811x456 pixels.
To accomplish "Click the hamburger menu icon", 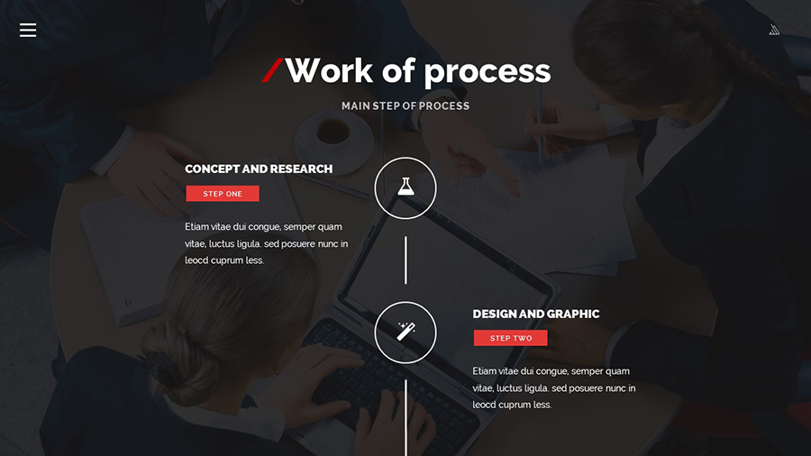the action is tap(28, 30).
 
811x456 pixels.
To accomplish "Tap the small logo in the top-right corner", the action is tap(774, 30).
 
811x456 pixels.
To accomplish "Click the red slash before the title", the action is tap(272, 70).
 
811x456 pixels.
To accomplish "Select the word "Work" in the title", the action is tap(329, 70).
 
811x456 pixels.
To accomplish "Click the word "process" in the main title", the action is tap(488, 72).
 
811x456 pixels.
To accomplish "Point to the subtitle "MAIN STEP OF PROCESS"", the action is tap(405, 106).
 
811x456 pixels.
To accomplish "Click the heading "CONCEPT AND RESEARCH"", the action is tap(259, 169).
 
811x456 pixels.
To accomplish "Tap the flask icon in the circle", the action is tap(405, 187).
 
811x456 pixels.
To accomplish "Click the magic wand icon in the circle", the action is tap(405, 332).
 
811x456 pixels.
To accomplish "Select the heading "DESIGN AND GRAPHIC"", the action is tap(536, 314).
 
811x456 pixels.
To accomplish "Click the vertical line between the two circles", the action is tap(405, 260).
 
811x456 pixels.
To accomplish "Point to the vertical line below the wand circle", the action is tap(405, 418).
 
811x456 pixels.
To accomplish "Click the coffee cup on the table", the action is tap(333, 133).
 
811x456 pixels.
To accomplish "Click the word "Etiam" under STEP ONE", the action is tap(196, 226).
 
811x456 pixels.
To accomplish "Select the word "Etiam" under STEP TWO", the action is tap(484, 371).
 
